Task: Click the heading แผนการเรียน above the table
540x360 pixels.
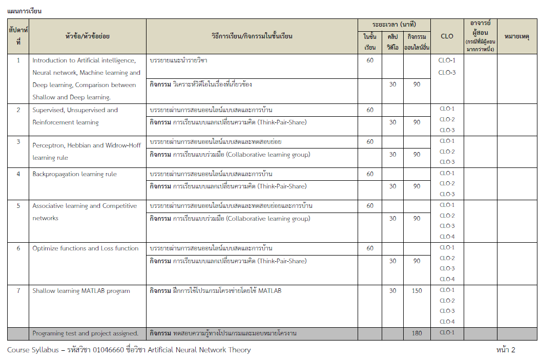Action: [25, 11]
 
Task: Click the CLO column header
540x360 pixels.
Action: [447, 36]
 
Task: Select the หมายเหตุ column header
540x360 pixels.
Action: [517, 36]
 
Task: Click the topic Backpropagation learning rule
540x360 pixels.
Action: [74, 174]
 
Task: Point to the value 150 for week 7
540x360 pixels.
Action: [417, 291]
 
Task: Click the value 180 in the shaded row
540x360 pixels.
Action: [417, 333]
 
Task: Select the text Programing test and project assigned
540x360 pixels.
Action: [86, 333]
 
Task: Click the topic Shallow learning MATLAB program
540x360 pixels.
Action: [81, 291]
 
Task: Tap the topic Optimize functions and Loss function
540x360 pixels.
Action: [86, 248]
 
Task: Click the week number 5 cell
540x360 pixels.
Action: [18, 206]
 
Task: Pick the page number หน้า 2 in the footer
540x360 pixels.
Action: [506, 350]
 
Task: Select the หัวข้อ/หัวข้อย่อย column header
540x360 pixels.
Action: [88, 36]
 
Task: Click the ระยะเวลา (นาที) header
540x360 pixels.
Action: [394, 24]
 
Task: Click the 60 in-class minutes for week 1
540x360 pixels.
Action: [370, 60]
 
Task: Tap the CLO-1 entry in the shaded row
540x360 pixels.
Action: [447, 332]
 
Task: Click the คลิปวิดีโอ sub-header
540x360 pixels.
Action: [392, 41]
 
